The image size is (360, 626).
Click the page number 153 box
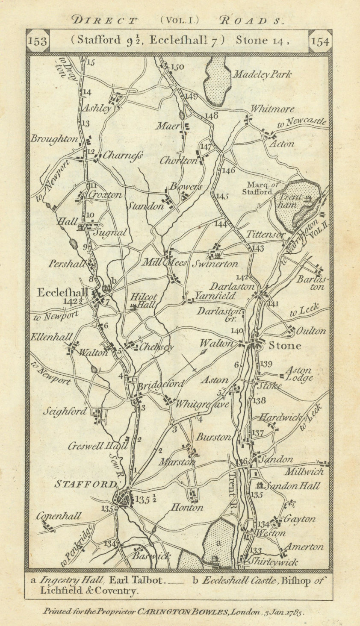tap(38, 41)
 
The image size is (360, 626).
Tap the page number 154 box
tap(320, 41)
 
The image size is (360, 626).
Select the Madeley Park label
tap(262, 75)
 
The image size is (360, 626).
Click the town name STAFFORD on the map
tap(86, 484)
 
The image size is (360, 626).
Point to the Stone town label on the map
tap(284, 345)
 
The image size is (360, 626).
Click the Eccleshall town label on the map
tap(63, 293)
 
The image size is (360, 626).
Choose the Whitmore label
tap(272, 109)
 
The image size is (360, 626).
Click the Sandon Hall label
tap(292, 486)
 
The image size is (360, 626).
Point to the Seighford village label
tap(65, 411)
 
